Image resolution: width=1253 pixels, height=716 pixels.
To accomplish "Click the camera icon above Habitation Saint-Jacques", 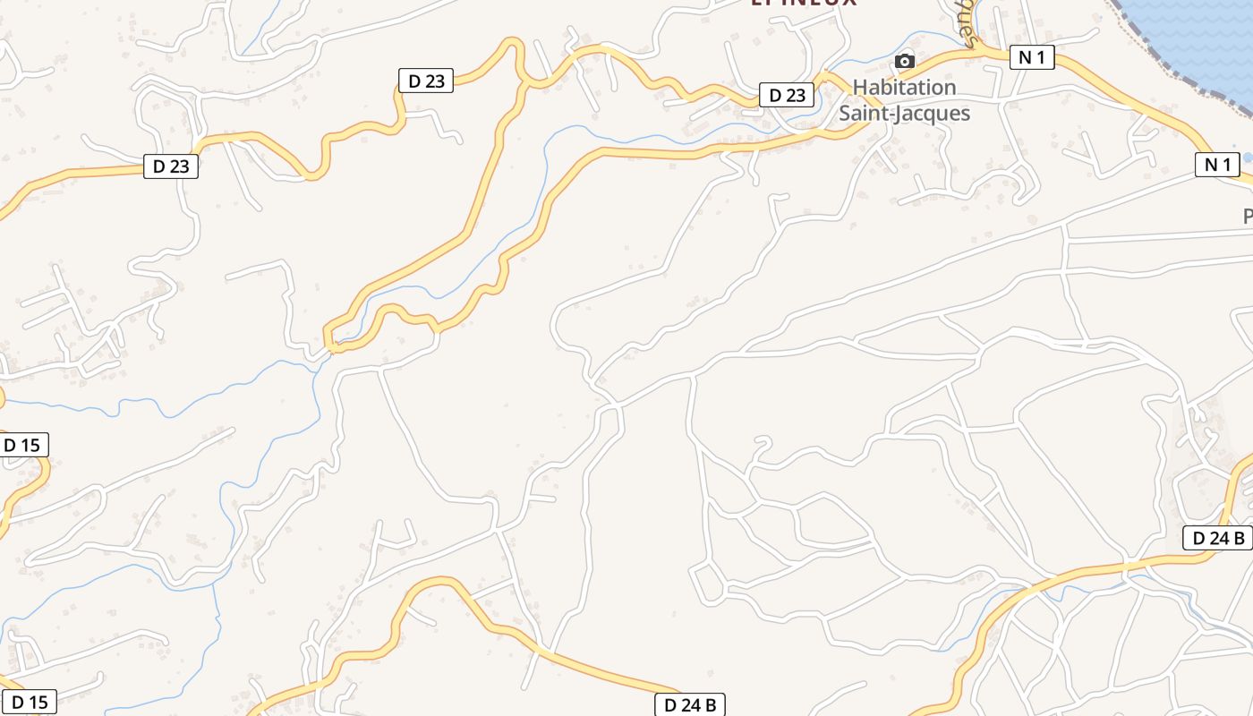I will point(905,61).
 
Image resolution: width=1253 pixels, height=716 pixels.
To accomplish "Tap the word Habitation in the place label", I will point(904,87).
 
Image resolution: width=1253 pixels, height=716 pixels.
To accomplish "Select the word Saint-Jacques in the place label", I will point(904,113).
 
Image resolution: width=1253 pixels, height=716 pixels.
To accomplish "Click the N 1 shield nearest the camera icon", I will point(1032,57).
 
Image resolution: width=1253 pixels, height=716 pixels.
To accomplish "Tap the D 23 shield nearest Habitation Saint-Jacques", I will point(787,95).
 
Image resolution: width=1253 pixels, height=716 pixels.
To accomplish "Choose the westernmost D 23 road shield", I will point(171,166).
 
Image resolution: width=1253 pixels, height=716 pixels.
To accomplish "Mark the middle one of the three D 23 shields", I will point(426,81).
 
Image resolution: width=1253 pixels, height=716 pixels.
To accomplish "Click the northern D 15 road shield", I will point(24,445).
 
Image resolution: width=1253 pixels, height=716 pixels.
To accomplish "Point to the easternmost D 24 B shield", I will point(1217,537).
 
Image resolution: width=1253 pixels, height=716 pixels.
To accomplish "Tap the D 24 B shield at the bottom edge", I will point(690,704).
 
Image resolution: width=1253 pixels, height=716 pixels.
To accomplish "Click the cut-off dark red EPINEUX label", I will point(803,3).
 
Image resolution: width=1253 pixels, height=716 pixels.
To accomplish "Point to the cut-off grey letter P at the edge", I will point(1248,216).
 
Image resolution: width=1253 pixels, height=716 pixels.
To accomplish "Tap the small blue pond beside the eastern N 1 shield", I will point(1248,158).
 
